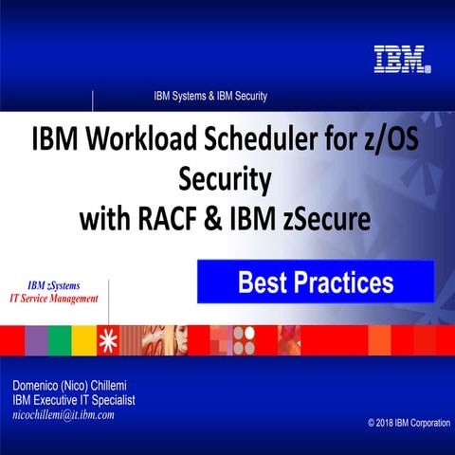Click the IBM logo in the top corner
point(402,60)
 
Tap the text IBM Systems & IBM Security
point(210,96)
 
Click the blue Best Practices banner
point(315,282)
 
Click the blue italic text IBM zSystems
point(54,283)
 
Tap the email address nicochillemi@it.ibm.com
point(64,414)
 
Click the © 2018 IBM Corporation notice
point(409,422)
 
